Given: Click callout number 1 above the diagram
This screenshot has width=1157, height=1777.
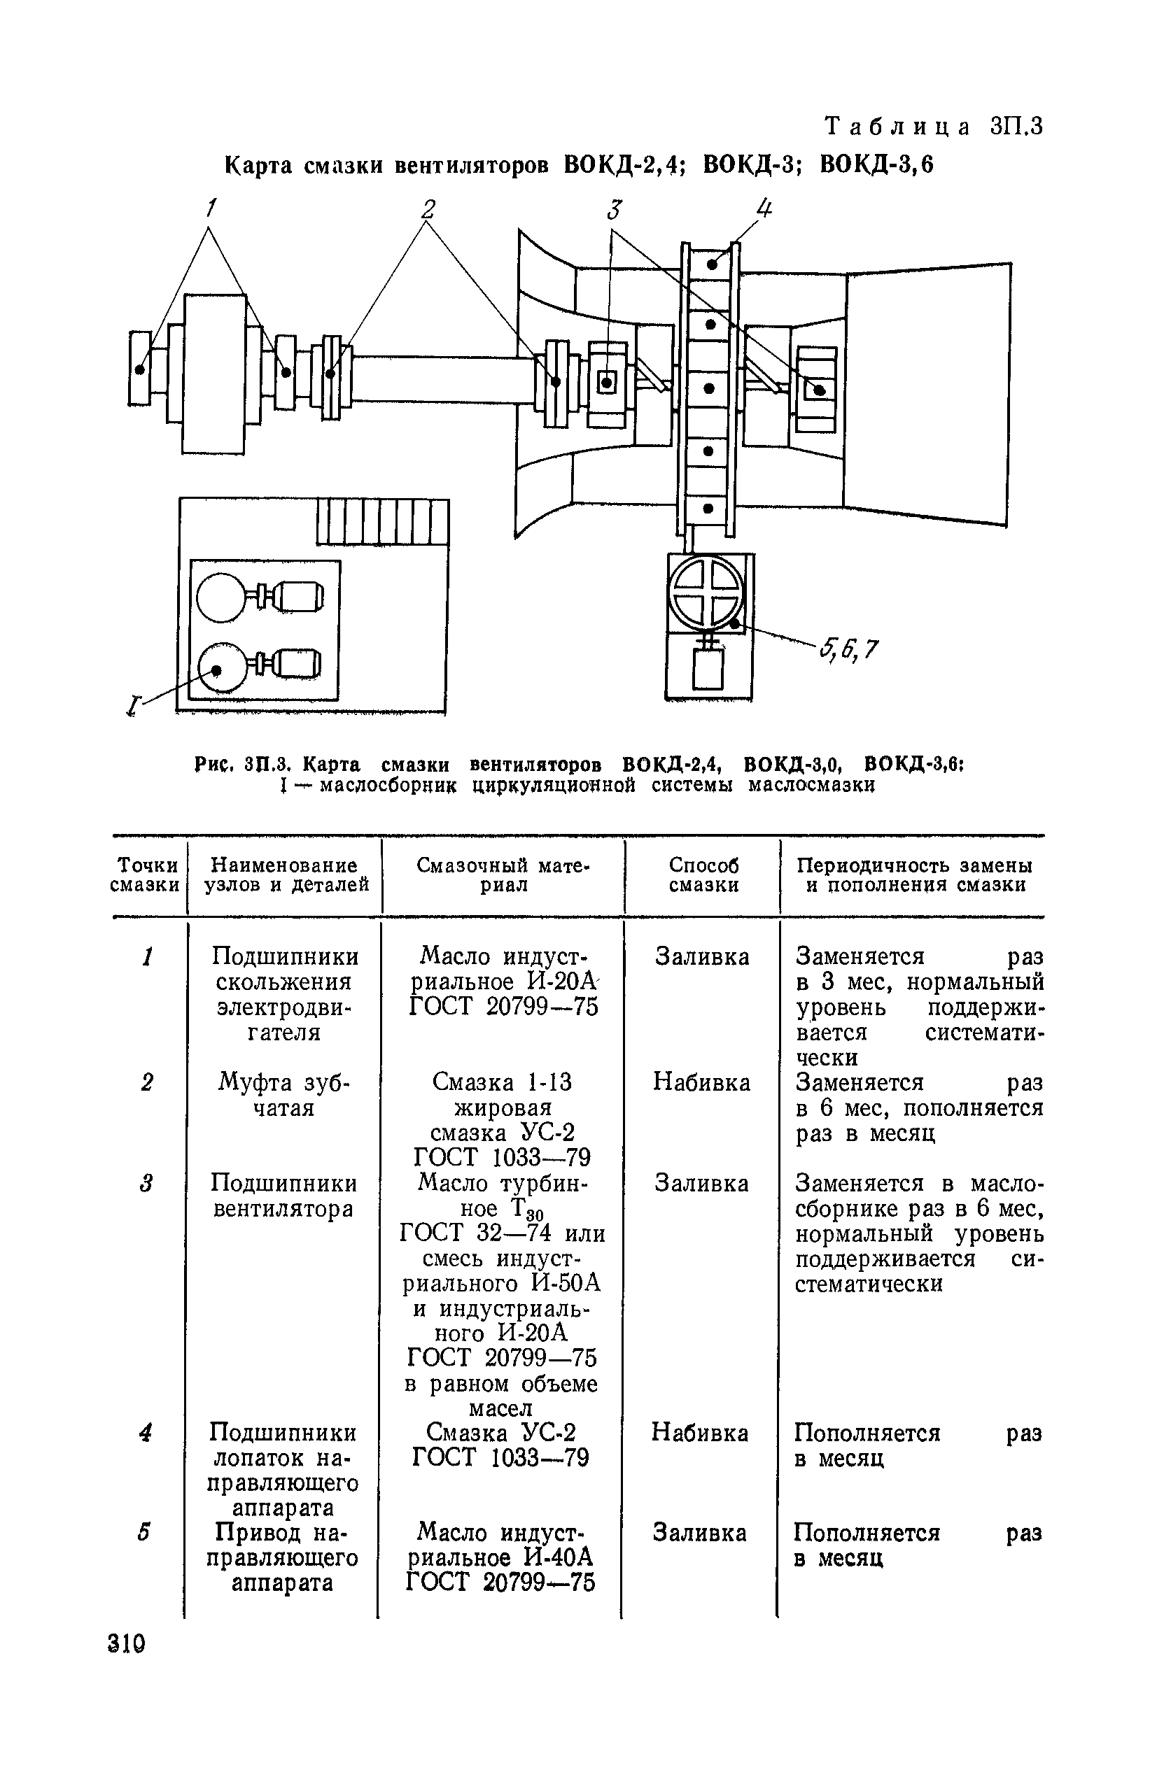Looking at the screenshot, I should [x=211, y=207].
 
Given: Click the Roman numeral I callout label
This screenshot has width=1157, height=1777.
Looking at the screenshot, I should [x=134, y=704].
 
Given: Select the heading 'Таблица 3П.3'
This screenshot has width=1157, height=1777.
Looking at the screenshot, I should [x=933, y=126].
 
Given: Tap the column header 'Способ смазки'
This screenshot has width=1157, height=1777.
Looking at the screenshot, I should [x=703, y=875].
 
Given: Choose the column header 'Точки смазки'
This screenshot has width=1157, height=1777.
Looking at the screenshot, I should [x=147, y=875].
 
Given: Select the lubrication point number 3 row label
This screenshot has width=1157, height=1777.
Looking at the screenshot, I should [x=146, y=1184].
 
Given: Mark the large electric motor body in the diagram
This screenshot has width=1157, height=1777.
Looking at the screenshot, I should [x=213, y=374].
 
